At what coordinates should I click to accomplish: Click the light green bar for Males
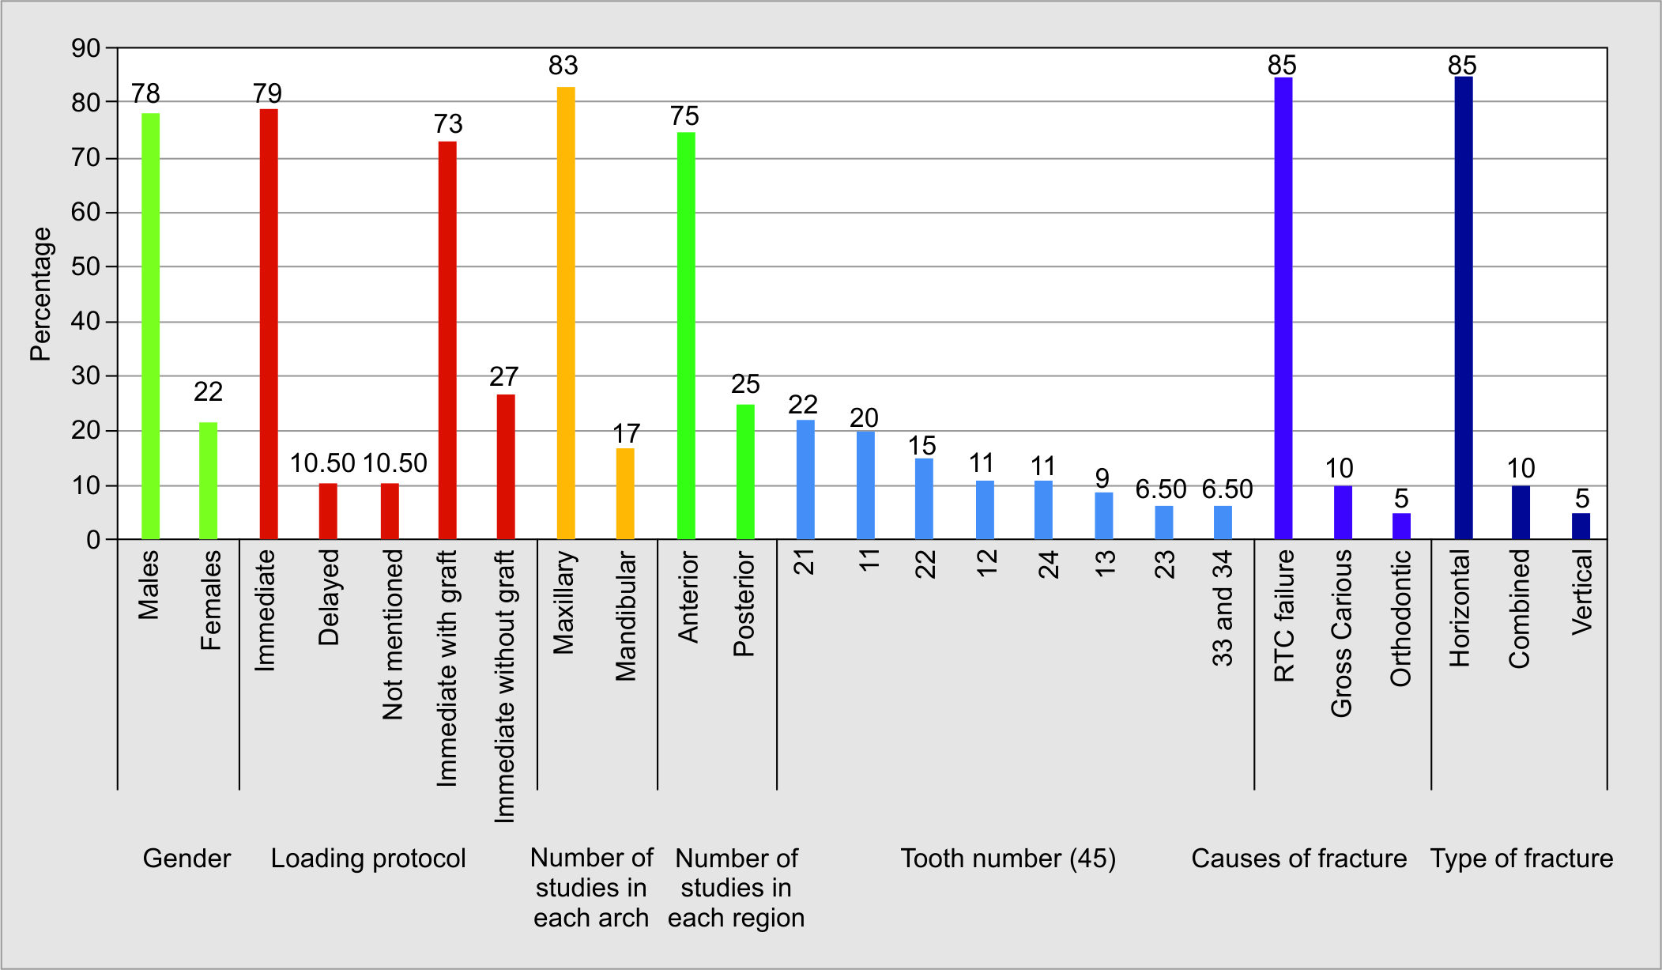point(150,326)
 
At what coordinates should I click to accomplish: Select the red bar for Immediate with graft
point(447,340)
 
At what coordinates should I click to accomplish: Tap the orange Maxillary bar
point(566,313)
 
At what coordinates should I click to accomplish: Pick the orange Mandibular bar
point(625,493)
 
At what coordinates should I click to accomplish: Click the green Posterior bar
point(745,472)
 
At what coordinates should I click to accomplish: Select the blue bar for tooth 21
point(805,480)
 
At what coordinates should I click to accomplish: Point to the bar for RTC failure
point(1283,308)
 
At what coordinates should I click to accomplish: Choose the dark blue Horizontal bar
point(1464,308)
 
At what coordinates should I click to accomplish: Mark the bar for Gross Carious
point(1343,512)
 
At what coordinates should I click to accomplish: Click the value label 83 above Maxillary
point(563,66)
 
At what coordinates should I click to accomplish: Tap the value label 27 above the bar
point(504,376)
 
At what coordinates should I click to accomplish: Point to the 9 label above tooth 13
point(1102,478)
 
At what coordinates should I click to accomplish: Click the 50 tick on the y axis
point(86,266)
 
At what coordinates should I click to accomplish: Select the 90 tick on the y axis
point(86,48)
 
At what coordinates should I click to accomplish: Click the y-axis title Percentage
point(40,294)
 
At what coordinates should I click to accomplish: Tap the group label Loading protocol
point(368,859)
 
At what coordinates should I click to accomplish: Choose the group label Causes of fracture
point(1298,859)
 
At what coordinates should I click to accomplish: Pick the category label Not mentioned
point(393,635)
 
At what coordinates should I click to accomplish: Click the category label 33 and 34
point(1223,609)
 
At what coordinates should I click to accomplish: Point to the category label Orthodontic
point(1401,618)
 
